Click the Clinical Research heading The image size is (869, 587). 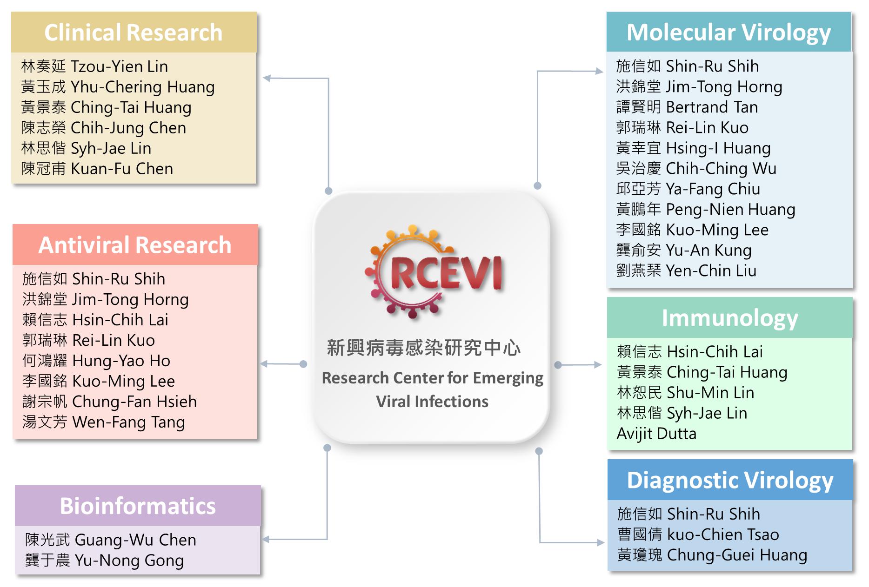click(134, 33)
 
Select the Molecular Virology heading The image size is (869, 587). click(729, 33)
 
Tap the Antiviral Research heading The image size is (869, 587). click(135, 245)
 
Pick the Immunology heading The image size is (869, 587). click(729, 318)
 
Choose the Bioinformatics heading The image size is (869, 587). click(138, 506)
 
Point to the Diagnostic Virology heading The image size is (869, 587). click(730, 480)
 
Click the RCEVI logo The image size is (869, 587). click(434, 272)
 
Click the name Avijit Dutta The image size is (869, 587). click(656, 434)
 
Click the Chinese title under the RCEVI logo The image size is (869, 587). click(423, 348)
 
